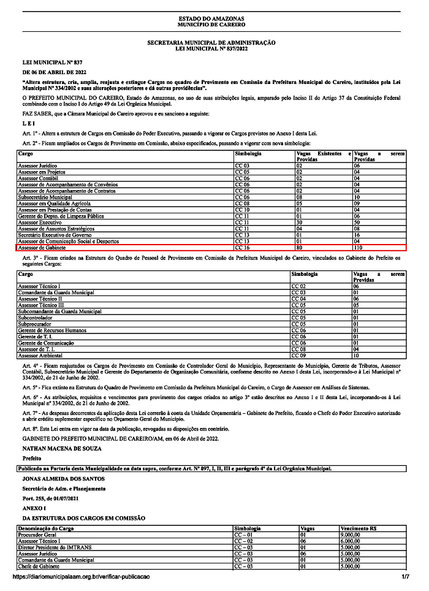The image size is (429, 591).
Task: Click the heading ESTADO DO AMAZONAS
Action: click(x=211, y=20)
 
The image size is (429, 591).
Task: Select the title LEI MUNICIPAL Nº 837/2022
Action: click(x=211, y=47)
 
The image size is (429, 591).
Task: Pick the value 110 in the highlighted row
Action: click(x=359, y=248)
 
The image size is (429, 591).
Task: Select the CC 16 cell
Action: click(x=243, y=248)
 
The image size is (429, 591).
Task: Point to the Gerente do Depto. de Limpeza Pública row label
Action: click(x=61, y=216)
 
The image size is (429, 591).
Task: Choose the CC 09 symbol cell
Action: click(x=298, y=355)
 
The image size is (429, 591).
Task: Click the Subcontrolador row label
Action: click(x=36, y=318)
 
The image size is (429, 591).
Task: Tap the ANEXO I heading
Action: click(x=34, y=508)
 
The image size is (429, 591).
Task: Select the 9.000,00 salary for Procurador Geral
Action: click(x=351, y=535)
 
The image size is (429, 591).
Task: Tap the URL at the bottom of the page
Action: click(x=80, y=577)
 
